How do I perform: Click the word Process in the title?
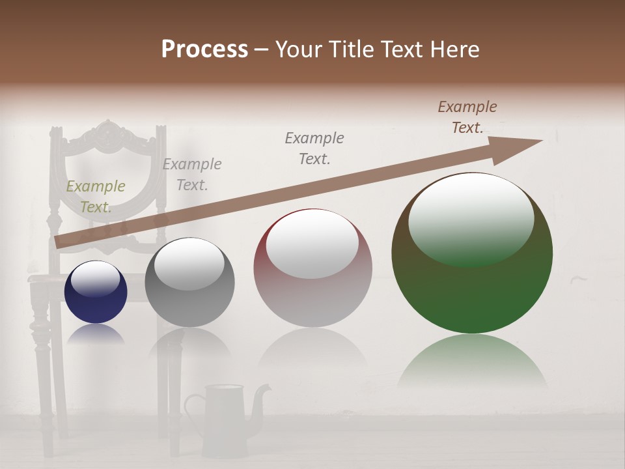204,50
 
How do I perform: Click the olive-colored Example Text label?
96,197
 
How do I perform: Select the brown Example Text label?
467,117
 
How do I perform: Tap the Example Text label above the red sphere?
314,149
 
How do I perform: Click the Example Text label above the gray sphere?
192,175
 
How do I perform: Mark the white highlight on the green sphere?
471,218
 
